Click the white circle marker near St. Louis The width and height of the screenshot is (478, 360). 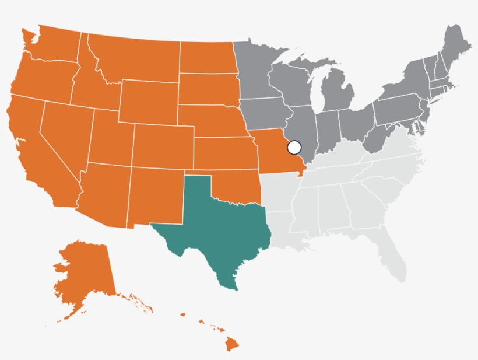tap(294, 147)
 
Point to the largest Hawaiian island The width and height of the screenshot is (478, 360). tap(233, 345)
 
